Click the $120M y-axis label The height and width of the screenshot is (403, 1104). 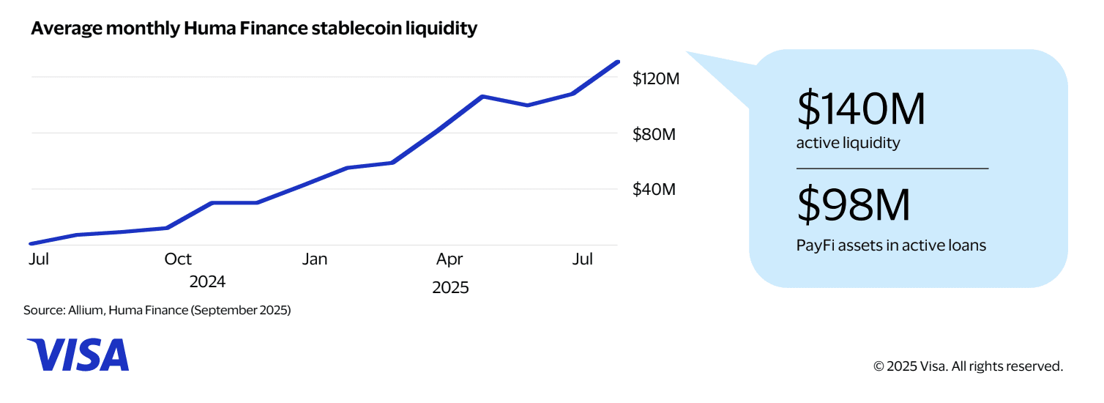click(x=656, y=78)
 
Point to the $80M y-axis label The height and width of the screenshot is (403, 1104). click(x=654, y=134)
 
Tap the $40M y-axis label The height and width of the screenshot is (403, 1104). click(x=654, y=190)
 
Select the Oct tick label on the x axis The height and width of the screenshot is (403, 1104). click(x=178, y=259)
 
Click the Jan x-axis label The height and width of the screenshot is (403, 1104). click(x=315, y=259)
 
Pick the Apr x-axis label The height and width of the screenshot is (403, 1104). click(x=450, y=259)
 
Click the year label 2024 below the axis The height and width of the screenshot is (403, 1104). click(x=207, y=282)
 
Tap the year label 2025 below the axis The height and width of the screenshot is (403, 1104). click(x=450, y=287)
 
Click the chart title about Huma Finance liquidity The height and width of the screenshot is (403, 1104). click(x=254, y=29)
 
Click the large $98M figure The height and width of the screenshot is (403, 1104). click(x=854, y=206)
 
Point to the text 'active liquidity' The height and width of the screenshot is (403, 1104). click(x=848, y=143)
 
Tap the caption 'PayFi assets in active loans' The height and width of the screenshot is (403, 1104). click(x=891, y=245)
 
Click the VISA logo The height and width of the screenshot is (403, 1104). click(x=78, y=355)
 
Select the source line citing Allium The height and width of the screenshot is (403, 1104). click(x=157, y=311)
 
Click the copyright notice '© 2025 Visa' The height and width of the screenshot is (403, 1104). click(x=968, y=366)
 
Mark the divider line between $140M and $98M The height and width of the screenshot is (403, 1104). click(x=892, y=169)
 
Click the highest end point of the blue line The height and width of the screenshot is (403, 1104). click(x=619, y=62)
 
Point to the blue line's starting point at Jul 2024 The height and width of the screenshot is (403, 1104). click(x=31, y=243)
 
